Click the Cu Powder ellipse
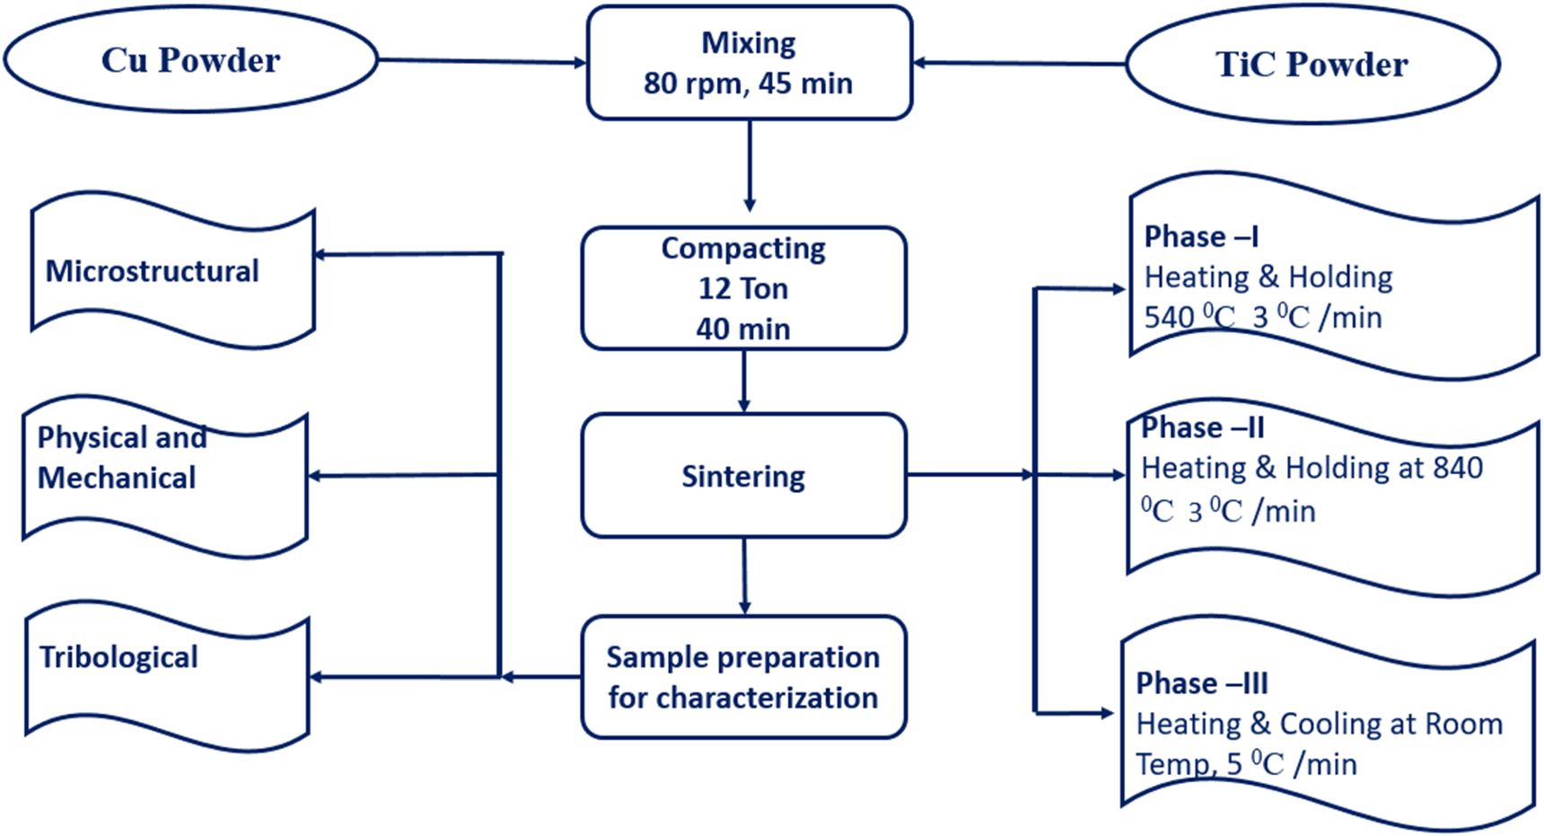(x=190, y=60)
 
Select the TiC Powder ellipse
(x=1312, y=65)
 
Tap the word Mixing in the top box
(x=748, y=42)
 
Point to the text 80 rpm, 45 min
(x=748, y=84)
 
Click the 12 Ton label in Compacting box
(x=743, y=288)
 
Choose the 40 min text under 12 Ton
(x=743, y=329)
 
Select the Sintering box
(x=743, y=476)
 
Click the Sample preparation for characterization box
(x=743, y=677)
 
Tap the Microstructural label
(x=152, y=271)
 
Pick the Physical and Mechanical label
(x=120, y=457)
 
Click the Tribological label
(x=118, y=657)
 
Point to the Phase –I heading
(x=1200, y=236)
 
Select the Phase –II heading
(x=1202, y=427)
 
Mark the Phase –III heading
(x=1202, y=683)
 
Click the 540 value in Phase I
(x=1169, y=318)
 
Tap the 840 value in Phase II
(x=1458, y=468)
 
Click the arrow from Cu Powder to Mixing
(x=482, y=62)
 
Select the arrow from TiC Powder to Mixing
(x=1019, y=64)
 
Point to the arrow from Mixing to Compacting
(x=750, y=165)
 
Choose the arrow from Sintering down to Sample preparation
(x=744, y=576)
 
